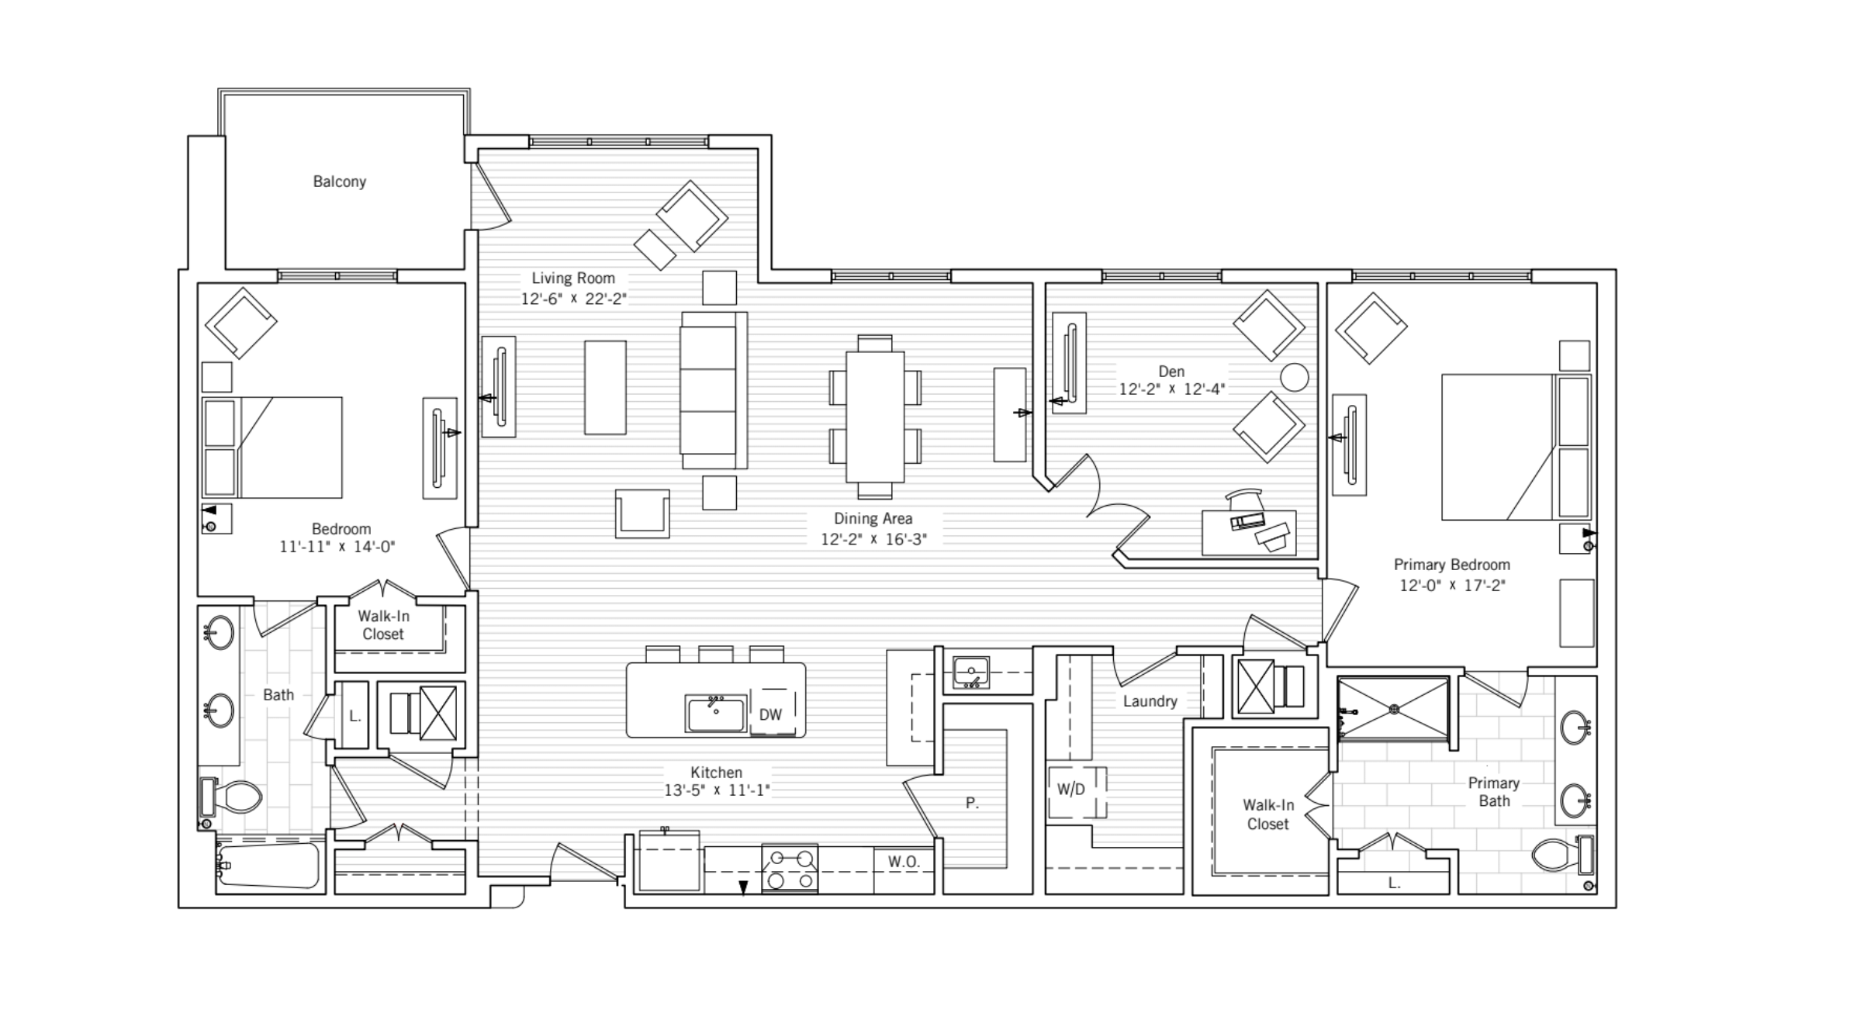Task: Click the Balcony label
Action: [x=339, y=182]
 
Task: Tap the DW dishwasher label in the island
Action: [x=770, y=714]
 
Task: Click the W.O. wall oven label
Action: [x=904, y=862]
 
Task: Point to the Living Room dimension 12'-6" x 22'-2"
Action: [x=573, y=299]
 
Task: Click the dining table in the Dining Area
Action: [x=875, y=417]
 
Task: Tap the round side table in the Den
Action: [x=1294, y=378]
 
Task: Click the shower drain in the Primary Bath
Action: [x=1394, y=708]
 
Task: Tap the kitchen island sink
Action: [x=714, y=713]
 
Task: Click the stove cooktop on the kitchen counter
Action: [x=790, y=868]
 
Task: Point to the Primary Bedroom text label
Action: [x=1451, y=565]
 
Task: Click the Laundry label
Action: [x=1150, y=701]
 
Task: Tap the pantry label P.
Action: [x=972, y=804]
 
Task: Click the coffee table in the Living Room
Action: [x=605, y=387]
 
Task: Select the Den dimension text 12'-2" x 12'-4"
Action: [x=1171, y=389]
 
